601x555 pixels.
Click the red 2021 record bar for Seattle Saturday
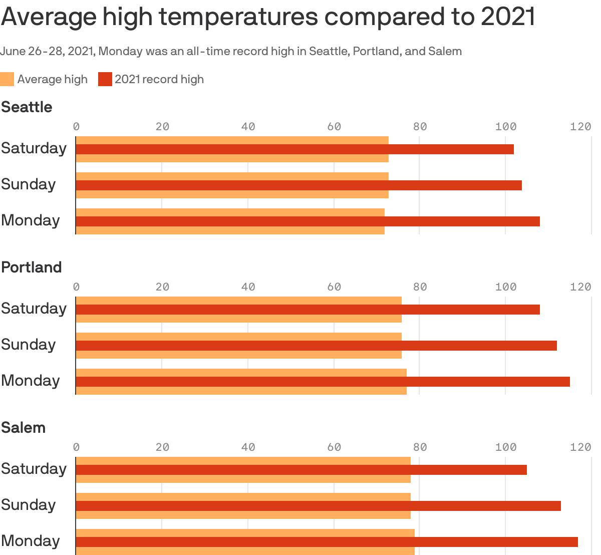(294, 149)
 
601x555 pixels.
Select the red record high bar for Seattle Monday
(308, 221)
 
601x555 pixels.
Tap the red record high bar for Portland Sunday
(316, 346)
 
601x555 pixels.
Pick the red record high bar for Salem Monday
(327, 542)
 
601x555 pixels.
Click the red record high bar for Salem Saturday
(301, 470)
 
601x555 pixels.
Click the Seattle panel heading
(27, 107)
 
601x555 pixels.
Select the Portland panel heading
(32, 267)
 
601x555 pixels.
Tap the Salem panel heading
(24, 428)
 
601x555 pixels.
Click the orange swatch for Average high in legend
(7, 79)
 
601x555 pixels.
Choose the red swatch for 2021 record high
(105, 79)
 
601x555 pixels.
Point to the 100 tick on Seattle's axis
(505, 127)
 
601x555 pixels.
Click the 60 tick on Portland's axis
(334, 287)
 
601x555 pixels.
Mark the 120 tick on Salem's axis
(580, 447)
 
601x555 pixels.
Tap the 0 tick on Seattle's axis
(76, 127)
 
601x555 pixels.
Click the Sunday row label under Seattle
(29, 184)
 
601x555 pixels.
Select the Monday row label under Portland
(31, 381)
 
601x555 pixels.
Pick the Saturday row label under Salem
(34, 469)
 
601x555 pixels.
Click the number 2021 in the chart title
(508, 17)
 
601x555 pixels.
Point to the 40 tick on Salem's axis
(248, 447)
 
